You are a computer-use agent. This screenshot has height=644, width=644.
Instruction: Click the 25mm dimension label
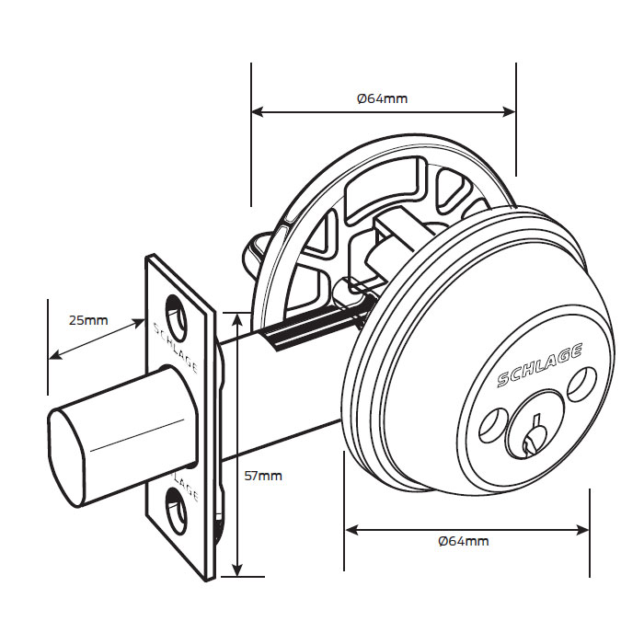tap(88, 320)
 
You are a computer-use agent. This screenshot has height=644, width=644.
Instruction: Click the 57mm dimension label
tap(263, 476)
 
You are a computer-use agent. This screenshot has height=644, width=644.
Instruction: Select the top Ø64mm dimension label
tap(382, 98)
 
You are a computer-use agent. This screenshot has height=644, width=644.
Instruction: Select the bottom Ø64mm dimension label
tap(464, 541)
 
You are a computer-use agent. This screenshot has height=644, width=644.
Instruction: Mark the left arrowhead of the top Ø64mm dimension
tap(257, 113)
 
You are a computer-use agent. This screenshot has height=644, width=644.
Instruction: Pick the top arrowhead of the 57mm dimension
tap(238, 318)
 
